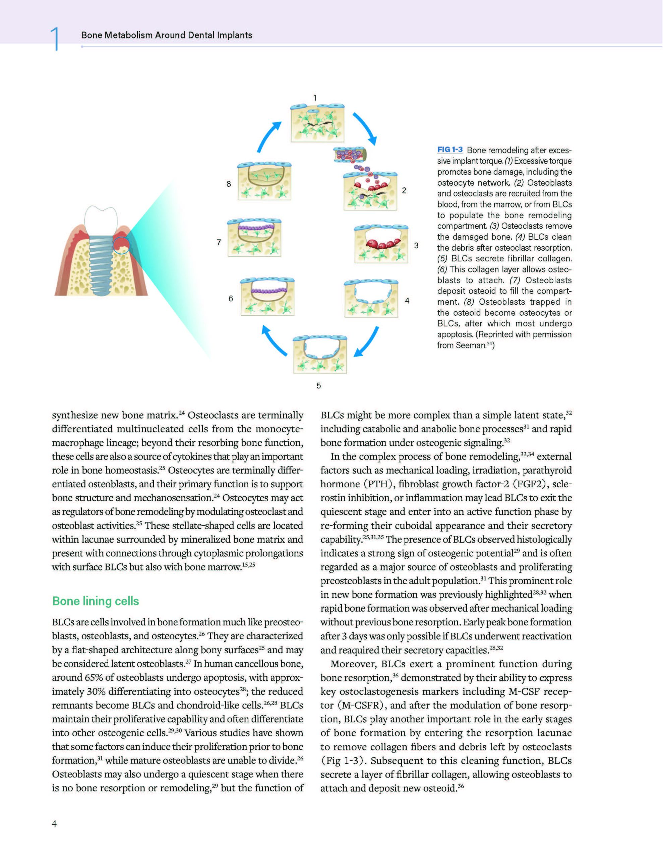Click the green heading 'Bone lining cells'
coord(96,601)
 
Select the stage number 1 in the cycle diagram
coord(315,98)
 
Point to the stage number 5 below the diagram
coord(319,386)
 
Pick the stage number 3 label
coord(416,246)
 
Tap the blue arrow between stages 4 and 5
coord(366,342)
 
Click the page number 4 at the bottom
coord(54,823)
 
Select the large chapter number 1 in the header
coord(55,39)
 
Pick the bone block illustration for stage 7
coord(254,238)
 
